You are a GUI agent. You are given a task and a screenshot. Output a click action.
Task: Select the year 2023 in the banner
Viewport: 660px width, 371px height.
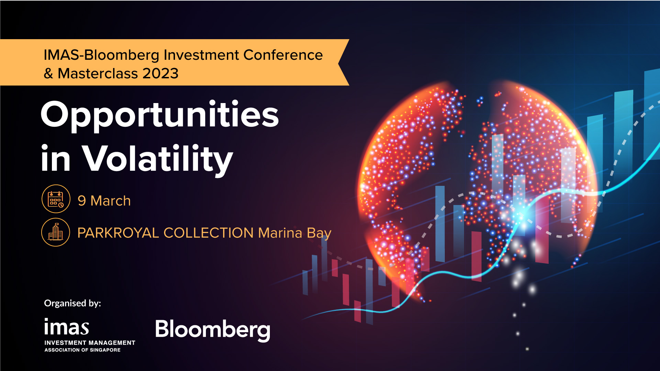[161, 73]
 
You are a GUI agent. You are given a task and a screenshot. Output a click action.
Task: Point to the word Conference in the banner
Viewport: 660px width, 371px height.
[283, 55]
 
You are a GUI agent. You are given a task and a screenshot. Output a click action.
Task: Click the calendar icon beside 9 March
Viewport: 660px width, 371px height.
[56, 199]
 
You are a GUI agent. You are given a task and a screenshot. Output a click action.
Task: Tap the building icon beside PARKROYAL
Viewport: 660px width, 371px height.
[56, 232]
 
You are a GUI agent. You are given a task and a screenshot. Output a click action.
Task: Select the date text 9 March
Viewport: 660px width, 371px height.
[104, 201]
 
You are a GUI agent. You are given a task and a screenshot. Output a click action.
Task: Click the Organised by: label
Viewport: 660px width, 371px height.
[73, 303]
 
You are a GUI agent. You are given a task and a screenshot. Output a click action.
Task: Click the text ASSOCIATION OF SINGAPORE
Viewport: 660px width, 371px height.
[82, 350]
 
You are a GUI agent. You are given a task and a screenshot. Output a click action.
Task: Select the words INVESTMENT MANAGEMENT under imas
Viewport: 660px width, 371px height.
[90, 343]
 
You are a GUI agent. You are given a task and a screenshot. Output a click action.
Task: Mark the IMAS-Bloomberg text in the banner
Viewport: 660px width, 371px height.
[101, 56]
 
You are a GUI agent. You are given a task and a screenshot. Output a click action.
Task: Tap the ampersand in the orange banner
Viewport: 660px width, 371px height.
[48, 74]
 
